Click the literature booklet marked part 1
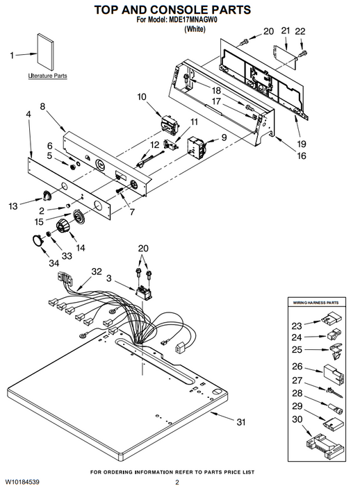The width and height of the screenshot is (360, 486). (45, 52)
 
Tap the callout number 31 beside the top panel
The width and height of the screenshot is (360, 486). (241, 422)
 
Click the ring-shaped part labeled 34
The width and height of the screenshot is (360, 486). (38, 240)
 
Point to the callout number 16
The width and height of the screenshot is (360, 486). (302, 156)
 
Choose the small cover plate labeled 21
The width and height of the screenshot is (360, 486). (284, 57)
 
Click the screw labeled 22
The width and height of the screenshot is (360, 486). (302, 53)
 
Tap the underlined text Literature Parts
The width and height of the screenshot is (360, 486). (47, 76)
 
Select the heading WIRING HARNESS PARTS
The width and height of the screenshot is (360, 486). (316, 303)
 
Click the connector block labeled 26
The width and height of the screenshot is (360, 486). (334, 374)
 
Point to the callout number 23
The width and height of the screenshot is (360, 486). (297, 326)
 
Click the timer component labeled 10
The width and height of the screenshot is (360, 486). (170, 124)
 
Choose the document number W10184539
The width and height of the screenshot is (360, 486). (22, 482)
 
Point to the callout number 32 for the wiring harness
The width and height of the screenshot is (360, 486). (97, 271)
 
